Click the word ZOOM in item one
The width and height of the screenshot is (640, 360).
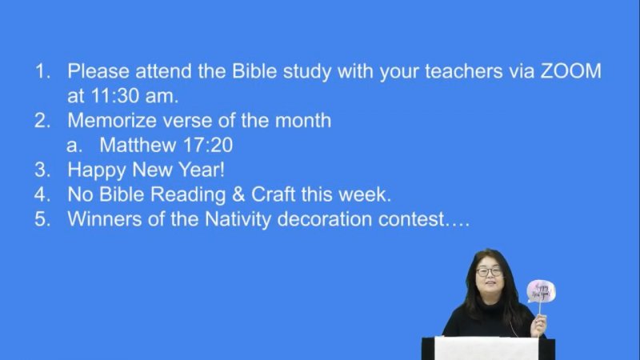click(x=570, y=71)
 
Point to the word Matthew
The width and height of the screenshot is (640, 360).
click(x=138, y=145)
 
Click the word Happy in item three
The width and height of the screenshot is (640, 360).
click(x=96, y=170)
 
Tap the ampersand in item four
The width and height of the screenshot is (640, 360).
click(x=238, y=194)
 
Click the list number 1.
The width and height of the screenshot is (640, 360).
click(x=42, y=71)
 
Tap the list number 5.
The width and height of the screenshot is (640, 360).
click(x=42, y=219)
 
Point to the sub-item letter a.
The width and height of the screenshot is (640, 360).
click(x=74, y=146)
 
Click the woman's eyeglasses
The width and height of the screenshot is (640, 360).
click(x=489, y=271)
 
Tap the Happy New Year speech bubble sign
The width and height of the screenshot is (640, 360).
click(x=541, y=291)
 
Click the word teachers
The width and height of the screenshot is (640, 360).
click(x=464, y=71)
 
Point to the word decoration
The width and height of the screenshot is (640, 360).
click(x=325, y=219)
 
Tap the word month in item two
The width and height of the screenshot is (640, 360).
click(x=303, y=121)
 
